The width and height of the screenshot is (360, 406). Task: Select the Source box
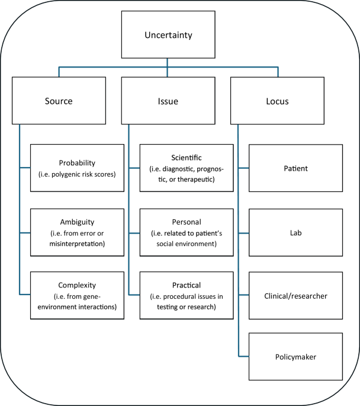58,101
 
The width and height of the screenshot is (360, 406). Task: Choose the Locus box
278,101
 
